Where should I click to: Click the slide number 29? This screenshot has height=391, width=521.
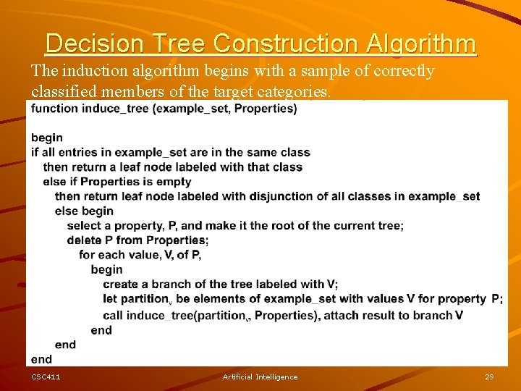489,377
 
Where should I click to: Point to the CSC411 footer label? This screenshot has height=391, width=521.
46,377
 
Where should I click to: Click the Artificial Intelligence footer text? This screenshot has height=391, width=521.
260,377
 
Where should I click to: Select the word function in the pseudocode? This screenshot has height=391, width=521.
55,109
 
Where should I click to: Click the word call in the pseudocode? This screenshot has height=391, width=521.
113,315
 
